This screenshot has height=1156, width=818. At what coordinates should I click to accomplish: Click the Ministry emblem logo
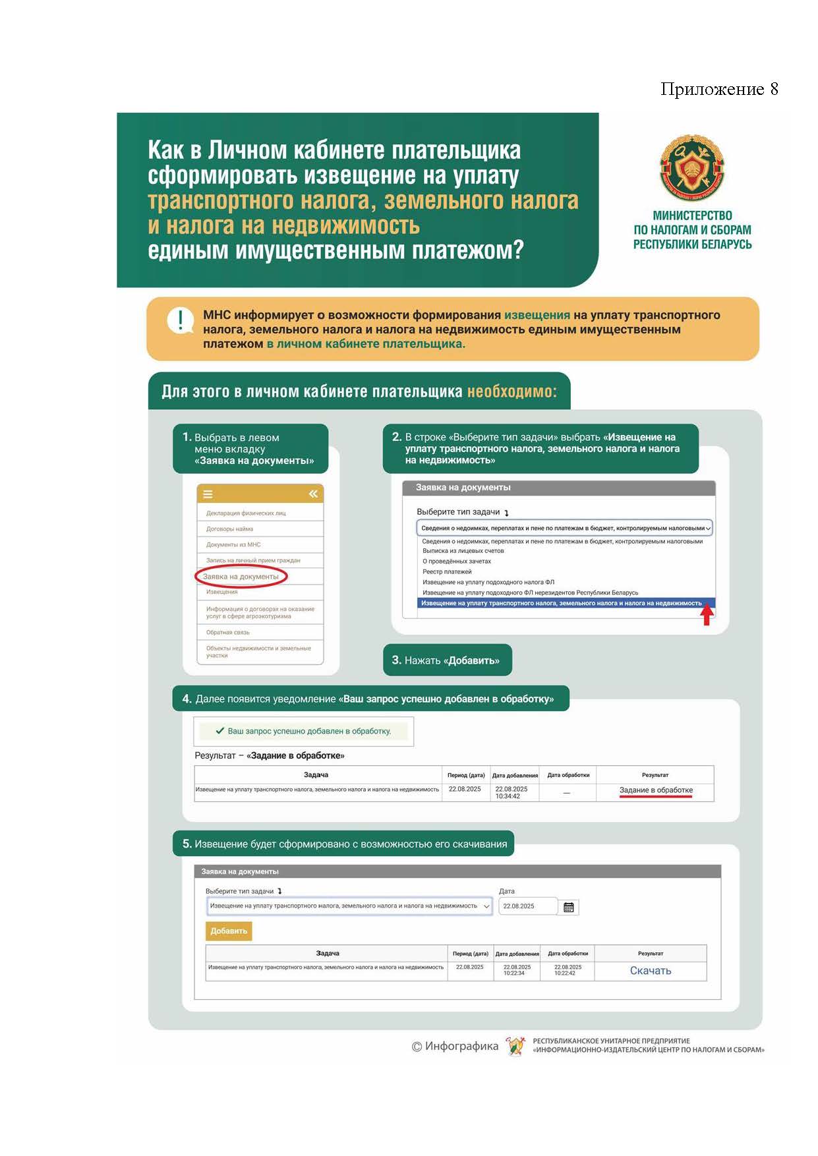pyautogui.click(x=692, y=168)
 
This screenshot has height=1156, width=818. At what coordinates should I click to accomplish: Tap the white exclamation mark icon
pyautogui.click(x=180, y=321)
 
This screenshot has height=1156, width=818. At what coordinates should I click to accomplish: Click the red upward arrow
pyautogui.click(x=707, y=616)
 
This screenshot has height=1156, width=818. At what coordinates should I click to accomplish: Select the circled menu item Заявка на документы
pyautogui.click(x=241, y=577)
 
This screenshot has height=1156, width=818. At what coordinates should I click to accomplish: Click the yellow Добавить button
pyautogui.click(x=229, y=931)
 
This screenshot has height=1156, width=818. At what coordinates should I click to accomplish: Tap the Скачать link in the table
pyautogui.click(x=651, y=970)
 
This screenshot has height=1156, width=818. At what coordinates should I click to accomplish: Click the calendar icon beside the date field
pyautogui.click(x=569, y=908)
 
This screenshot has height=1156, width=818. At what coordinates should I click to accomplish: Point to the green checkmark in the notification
pyautogui.click(x=220, y=731)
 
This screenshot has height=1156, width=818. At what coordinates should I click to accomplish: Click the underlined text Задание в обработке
pyautogui.click(x=656, y=790)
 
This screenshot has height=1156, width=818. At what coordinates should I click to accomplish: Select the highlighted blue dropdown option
pyautogui.click(x=561, y=603)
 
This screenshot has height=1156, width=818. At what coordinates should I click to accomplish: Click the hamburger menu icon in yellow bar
pyautogui.click(x=208, y=494)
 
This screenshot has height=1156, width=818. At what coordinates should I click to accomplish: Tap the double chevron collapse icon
pyautogui.click(x=313, y=494)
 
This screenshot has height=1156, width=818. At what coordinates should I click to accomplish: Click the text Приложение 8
pyautogui.click(x=719, y=90)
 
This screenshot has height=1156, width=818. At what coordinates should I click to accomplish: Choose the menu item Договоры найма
pyautogui.click(x=229, y=529)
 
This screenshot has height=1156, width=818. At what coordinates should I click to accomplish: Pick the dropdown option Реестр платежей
pyautogui.click(x=447, y=571)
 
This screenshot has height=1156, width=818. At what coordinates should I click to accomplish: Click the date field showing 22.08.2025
pyautogui.click(x=527, y=906)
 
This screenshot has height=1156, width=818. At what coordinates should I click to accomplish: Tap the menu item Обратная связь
pyautogui.click(x=227, y=633)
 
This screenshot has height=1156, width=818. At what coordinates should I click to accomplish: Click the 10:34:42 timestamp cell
pyautogui.click(x=508, y=796)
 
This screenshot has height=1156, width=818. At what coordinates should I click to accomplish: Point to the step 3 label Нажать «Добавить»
pyautogui.click(x=447, y=660)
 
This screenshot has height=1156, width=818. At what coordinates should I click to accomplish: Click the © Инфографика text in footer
pyautogui.click(x=455, y=1046)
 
